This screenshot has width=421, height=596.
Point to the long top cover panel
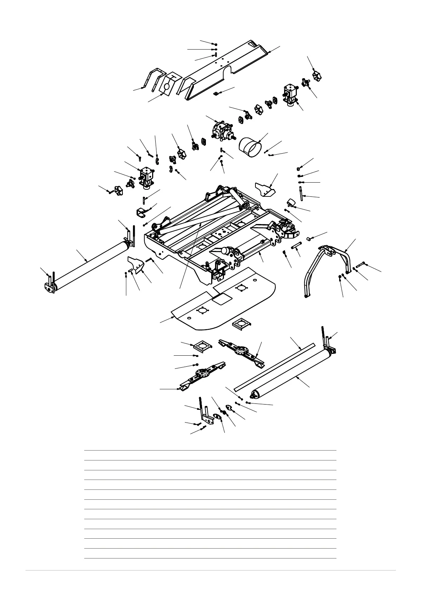point(223,69)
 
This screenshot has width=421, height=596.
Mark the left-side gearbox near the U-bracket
point(146,176)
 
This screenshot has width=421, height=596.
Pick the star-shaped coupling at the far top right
point(316,75)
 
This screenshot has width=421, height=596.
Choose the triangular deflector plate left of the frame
point(137,263)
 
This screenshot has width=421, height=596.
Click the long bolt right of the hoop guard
point(361,264)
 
